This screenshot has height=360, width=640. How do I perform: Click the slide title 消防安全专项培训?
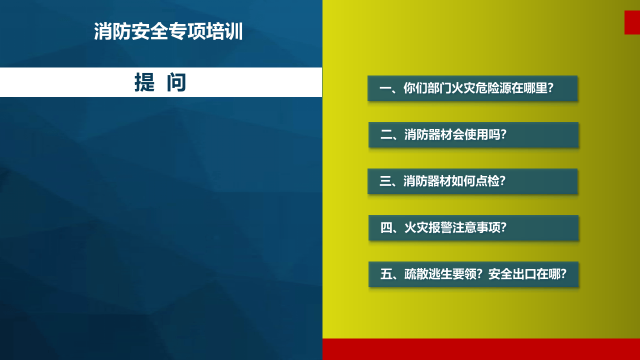click(x=168, y=31)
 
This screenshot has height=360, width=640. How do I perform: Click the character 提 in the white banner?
click(x=144, y=82)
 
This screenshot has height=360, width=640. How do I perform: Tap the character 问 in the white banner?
click(x=176, y=82)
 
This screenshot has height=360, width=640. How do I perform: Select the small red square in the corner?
click(x=632, y=22)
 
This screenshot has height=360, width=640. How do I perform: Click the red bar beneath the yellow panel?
click(x=481, y=349)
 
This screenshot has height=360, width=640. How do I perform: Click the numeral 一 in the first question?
click(x=385, y=88)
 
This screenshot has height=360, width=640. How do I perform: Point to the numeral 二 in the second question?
click(x=386, y=135)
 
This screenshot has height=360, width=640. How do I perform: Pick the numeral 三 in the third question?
click(x=385, y=181)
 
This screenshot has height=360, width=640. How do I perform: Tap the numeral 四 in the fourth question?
click(x=386, y=228)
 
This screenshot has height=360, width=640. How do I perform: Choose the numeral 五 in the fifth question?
click(x=386, y=274)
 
